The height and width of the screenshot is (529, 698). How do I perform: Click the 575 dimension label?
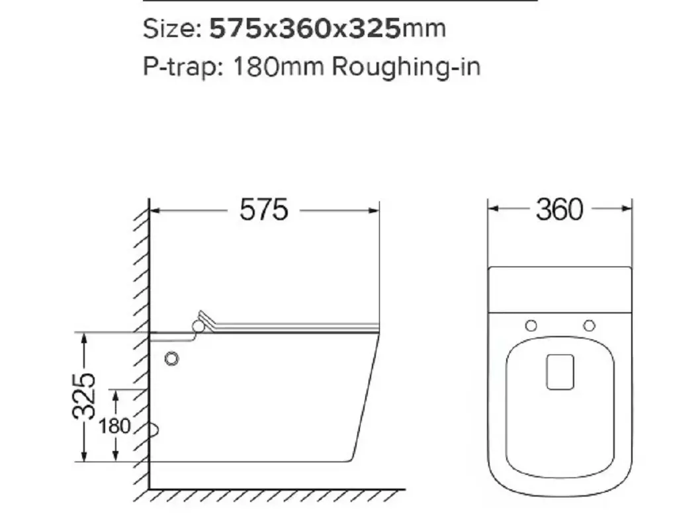(264, 210)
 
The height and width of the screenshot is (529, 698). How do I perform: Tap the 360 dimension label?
(559, 210)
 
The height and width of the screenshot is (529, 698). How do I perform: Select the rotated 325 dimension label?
(83, 396)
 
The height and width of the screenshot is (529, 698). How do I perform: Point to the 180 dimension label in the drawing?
(114, 427)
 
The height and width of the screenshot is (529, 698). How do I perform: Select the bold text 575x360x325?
(306, 28)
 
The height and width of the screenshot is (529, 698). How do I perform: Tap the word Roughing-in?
(406, 67)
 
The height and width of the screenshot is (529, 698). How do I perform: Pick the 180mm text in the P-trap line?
(279, 67)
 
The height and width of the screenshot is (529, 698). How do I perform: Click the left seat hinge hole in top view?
(531, 326)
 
